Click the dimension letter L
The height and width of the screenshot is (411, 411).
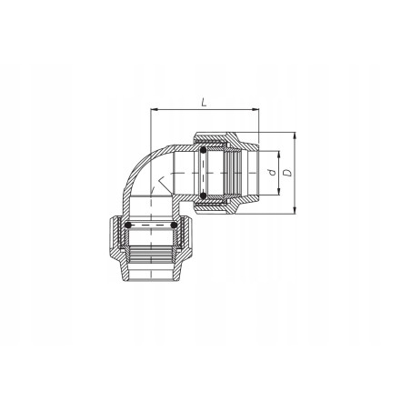[x=201, y=103]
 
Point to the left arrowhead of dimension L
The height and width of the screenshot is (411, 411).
[x=153, y=111]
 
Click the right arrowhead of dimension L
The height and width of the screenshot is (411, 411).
[x=256, y=111]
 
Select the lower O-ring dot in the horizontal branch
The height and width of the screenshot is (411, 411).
[x=204, y=195]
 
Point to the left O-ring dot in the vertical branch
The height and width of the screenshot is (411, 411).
[x=128, y=224]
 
